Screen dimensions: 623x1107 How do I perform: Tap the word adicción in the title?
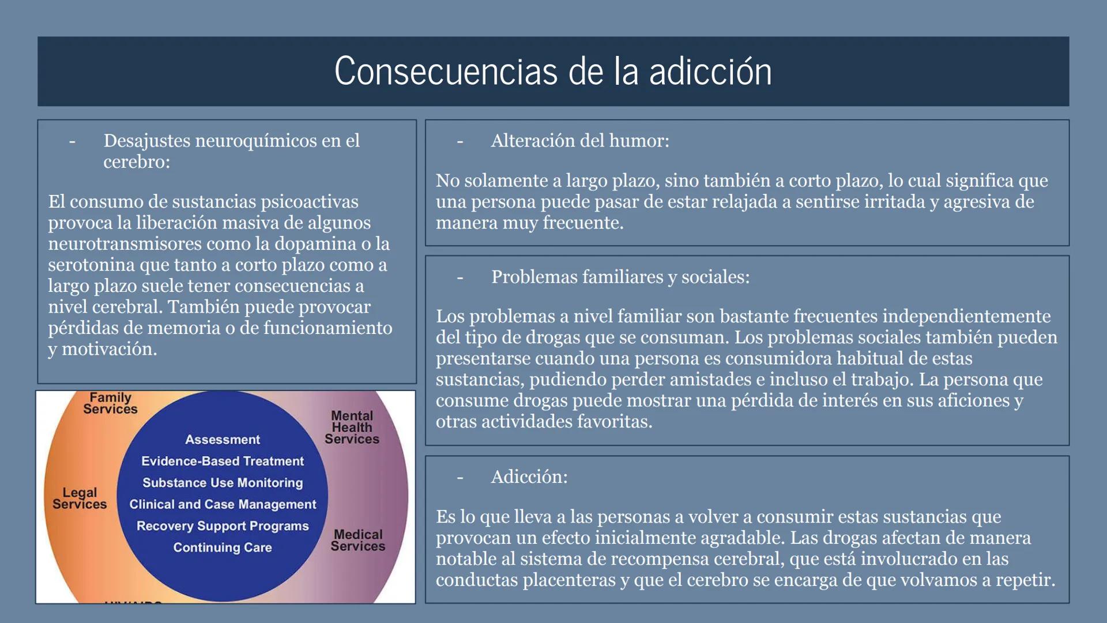(x=710, y=72)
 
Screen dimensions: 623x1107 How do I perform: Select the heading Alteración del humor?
(x=579, y=141)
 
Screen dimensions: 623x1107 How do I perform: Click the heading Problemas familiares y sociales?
(x=620, y=277)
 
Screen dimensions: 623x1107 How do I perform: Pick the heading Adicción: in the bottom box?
(x=529, y=477)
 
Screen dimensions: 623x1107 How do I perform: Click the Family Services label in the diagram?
(x=110, y=403)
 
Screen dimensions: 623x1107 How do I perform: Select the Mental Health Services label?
(x=352, y=427)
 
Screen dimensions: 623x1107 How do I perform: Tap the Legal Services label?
(x=80, y=498)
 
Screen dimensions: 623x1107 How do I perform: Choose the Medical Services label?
(x=357, y=541)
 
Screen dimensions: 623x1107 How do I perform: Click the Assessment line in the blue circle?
(x=223, y=440)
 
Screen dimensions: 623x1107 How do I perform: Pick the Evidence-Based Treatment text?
(x=223, y=461)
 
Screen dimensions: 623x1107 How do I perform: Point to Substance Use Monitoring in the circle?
(x=223, y=483)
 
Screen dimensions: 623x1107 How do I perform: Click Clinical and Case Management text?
(x=223, y=505)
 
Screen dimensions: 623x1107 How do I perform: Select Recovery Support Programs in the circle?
(x=223, y=526)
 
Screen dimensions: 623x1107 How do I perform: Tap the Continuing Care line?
(x=223, y=547)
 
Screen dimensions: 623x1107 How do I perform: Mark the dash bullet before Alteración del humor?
(x=460, y=141)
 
